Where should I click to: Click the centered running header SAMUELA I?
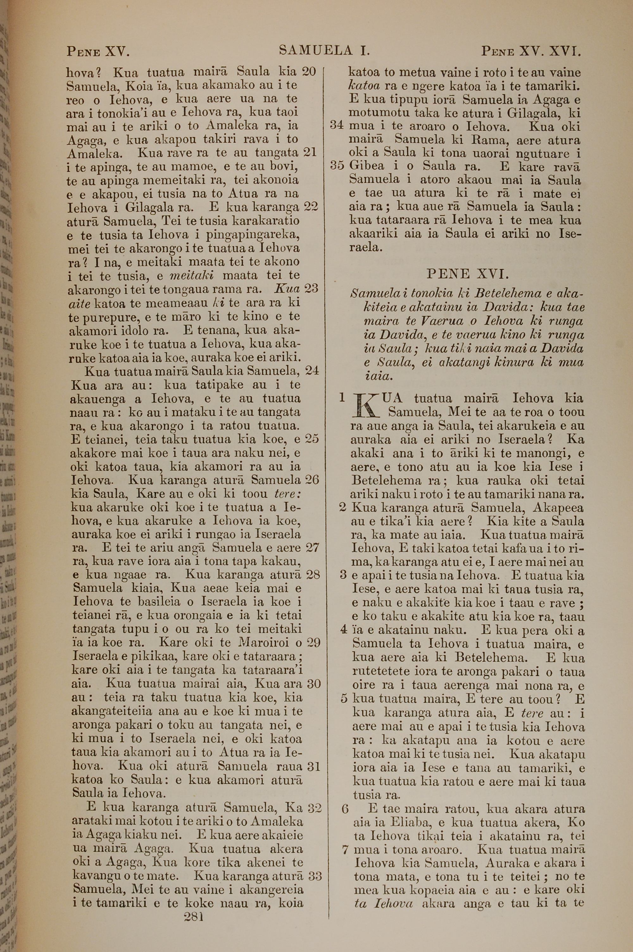[325, 51]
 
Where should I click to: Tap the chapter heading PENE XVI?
[467, 274]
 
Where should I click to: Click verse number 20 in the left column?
[309, 72]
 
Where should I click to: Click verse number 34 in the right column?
[337, 126]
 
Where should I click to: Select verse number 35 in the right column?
[337, 166]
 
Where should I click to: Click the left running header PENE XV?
[97, 52]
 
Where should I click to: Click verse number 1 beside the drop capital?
[342, 398]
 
